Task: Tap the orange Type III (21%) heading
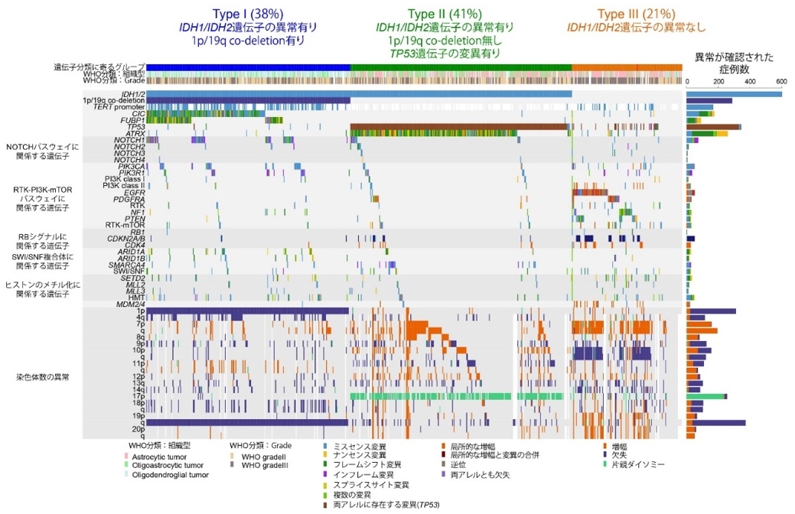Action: coord(636,13)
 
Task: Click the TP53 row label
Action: coord(135,127)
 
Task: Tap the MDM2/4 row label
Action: coord(131,304)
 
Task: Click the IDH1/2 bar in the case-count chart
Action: coord(734,93)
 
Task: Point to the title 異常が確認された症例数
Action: coord(734,63)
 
